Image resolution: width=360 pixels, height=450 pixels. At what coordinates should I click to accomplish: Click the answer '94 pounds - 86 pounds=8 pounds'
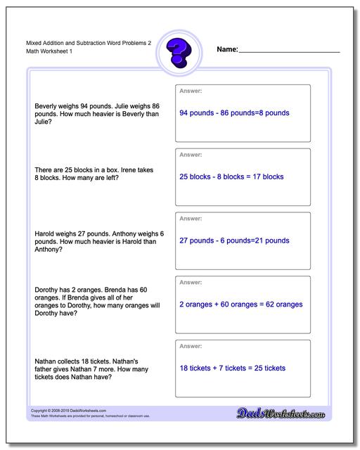[234, 112]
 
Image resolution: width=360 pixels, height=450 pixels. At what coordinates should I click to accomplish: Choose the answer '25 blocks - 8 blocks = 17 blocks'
[231, 176]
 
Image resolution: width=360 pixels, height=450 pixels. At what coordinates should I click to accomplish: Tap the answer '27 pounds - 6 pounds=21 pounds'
[234, 240]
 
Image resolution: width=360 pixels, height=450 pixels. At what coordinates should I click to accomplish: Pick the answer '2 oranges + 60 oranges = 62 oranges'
[241, 304]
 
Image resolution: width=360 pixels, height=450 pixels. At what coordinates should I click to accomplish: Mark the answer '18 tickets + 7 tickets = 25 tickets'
[233, 368]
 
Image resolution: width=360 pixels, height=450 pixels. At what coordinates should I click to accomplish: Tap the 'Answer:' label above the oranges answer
[191, 283]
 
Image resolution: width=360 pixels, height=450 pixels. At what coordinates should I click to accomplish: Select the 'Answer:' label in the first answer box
[191, 91]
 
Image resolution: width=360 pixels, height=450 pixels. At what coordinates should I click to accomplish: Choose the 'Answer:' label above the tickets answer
[191, 347]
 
